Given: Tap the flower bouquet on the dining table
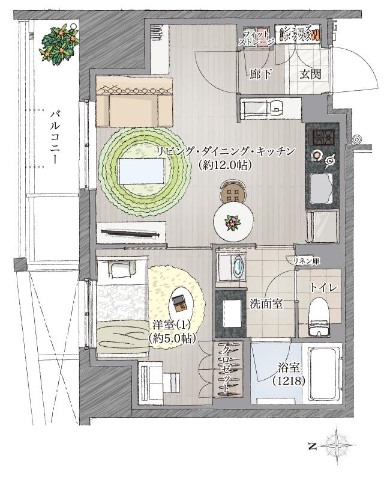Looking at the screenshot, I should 230,223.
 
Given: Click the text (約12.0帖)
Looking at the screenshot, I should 223,164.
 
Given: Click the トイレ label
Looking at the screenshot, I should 323,288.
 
